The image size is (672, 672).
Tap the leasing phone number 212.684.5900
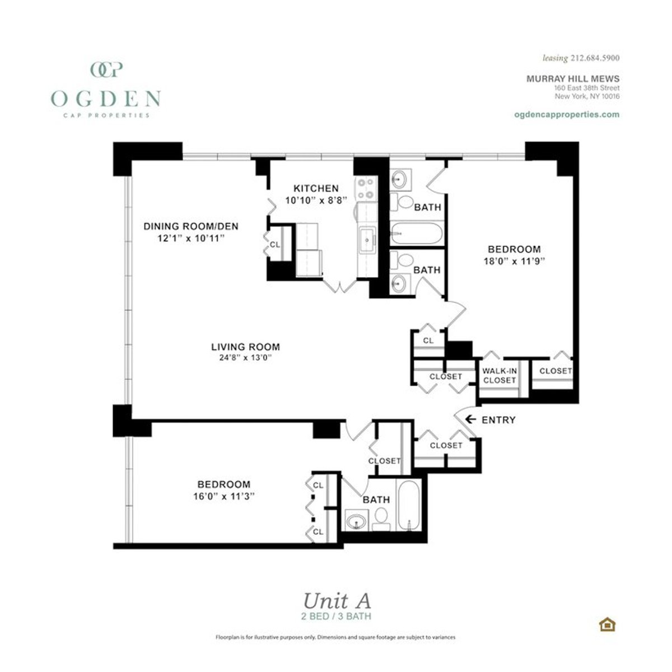point(594,58)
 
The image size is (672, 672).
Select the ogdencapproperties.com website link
point(566,114)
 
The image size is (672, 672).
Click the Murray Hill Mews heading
point(572,79)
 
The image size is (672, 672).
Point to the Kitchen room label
point(316,188)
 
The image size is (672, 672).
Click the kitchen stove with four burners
point(366,188)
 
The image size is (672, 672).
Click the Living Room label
point(245,347)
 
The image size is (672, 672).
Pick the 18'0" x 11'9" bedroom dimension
point(514,260)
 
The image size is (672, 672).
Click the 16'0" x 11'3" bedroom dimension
point(223,496)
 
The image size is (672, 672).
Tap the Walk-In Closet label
point(500,375)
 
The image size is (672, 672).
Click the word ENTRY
point(498,419)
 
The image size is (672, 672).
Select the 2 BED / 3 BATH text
point(336,616)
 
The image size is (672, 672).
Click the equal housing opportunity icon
point(606,624)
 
